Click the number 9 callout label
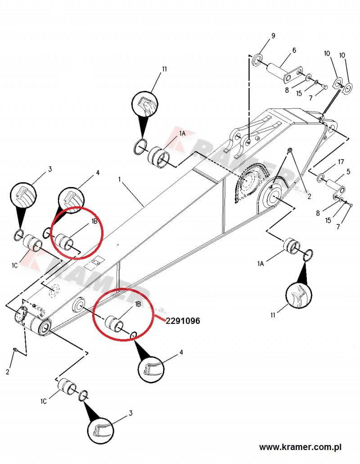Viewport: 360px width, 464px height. (x=273, y=36)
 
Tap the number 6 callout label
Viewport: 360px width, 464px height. (x=294, y=50)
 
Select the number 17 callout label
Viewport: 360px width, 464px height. (x=341, y=162)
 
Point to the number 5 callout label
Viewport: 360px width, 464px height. (x=348, y=171)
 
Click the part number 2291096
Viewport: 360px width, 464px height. (x=183, y=321)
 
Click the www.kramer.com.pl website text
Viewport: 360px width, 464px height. (x=300, y=447)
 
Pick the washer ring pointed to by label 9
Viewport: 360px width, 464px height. (x=258, y=59)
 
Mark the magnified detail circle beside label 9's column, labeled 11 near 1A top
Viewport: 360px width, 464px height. (x=144, y=104)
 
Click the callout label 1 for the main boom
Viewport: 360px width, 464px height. (x=120, y=179)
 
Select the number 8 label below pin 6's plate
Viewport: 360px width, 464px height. (x=286, y=90)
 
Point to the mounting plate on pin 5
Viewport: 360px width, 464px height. (x=340, y=191)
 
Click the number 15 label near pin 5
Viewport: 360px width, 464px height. (x=328, y=220)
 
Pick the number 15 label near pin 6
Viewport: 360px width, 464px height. (x=299, y=93)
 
